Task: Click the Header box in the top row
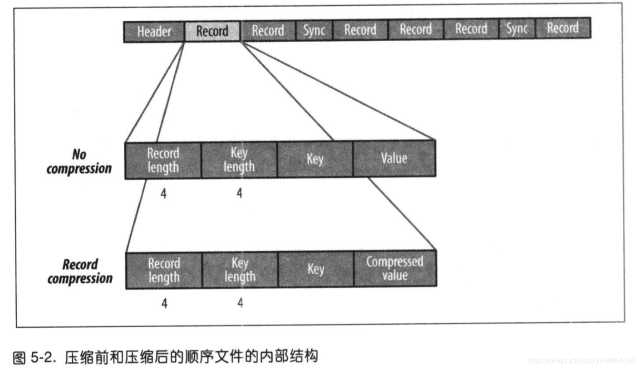click(x=154, y=32)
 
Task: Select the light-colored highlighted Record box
click(x=212, y=31)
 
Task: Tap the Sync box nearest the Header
click(x=314, y=31)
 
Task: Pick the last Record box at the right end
click(x=563, y=29)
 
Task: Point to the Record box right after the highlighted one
click(x=268, y=31)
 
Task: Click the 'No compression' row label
click(x=79, y=162)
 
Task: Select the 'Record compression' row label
click(x=80, y=271)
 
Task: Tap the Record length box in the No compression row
click(x=163, y=160)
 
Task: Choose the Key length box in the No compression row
click(x=239, y=160)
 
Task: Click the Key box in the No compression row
click(x=315, y=160)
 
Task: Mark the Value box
click(x=394, y=159)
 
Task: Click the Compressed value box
click(x=395, y=268)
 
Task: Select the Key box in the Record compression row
click(x=315, y=269)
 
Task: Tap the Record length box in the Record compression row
click(x=164, y=270)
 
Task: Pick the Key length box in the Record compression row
click(x=240, y=270)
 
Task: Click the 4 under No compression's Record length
click(x=163, y=194)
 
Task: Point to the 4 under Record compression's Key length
click(x=240, y=303)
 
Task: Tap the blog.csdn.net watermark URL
click(x=581, y=360)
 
